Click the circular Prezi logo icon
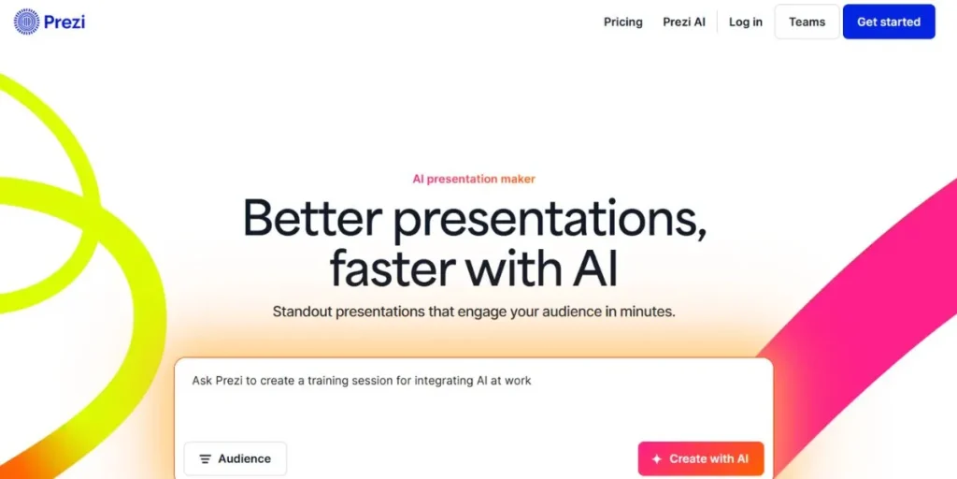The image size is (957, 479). coord(26,22)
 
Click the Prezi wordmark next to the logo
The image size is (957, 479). coord(64,22)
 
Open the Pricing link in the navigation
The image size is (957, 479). coord(622,22)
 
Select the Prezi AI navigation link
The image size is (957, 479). coord(684,22)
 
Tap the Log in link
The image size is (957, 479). coord(745,22)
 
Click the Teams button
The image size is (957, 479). coord(807,22)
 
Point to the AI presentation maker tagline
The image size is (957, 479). coord(474,179)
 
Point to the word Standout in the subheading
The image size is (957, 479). coord(304,312)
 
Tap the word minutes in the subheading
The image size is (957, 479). coord(646,312)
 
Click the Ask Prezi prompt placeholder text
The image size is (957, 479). coord(362,381)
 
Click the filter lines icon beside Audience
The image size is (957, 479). coord(206,459)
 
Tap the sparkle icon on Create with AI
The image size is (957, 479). coord(657,459)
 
